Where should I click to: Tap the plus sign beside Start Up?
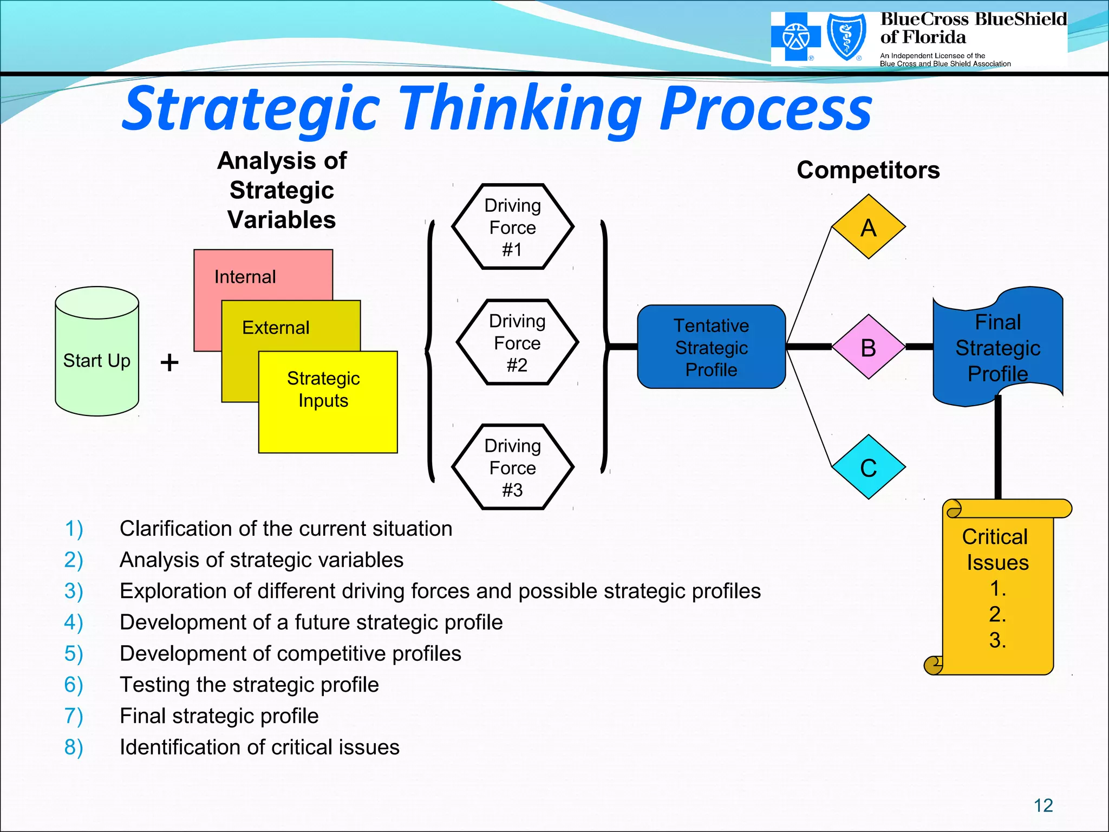tap(169, 362)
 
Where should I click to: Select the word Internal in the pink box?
tap(245, 277)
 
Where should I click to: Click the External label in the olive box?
tap(276, 328)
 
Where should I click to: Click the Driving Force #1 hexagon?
tap(512, 227)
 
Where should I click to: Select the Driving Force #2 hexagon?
tap(517, 342)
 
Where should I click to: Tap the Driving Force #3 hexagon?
tap(512, 467)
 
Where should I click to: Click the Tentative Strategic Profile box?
tap(711, 347)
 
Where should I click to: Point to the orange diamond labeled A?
tap(868, 227)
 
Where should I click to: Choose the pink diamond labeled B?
tap(868, 347)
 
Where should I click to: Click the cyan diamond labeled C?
tap(868, 467)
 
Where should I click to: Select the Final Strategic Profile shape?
tap(997, 347)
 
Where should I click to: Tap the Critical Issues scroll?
tap(997, 588)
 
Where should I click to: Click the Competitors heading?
tap(868, 170)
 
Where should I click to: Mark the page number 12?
tap(1043, 805)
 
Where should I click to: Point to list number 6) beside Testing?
tap(74, 685)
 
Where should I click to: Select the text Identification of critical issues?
tap(259, 747)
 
